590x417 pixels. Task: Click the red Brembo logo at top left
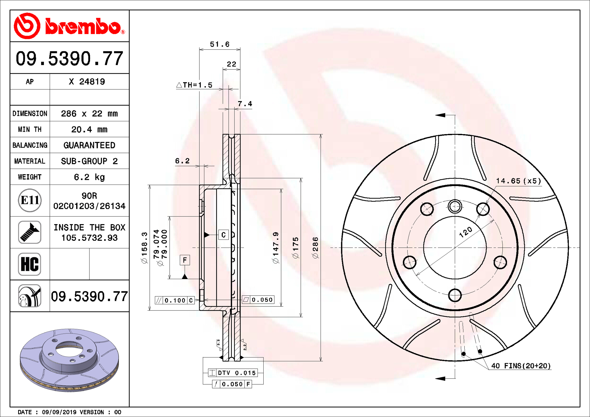pyautogui.click(x=69, y=26)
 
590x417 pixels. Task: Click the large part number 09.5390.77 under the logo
pyautogui.click(x=69, y=58)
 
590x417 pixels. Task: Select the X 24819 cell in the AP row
pyautogui.click(x=87, y=82)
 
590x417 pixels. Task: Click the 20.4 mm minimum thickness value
pyautogui.click(x=89, y=130)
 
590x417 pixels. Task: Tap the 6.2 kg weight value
pyautogui.click(x=89, y=177)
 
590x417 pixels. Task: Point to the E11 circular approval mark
pyautogui.click(x=30, y=201)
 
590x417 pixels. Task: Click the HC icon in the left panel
pyautogui.click(x=30, y=264)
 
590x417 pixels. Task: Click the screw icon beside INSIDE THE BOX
pyautogui.click(x=30, y=232)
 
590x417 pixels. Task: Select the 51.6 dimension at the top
pyautogui.click(x=219, y=45)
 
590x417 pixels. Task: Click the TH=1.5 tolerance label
pyautogui.click(x=195, y=85)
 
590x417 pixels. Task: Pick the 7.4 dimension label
pyautogui.click(x=245, y=104)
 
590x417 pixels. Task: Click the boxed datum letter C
pyautogui.click(x=223, y=235)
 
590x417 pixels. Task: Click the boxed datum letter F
pyautogui.click(x=185, y=260)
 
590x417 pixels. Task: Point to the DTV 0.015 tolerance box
pyautogui.click(x=233, y=373)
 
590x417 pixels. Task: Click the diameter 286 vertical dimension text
pyautogui.click(x=316, y=247)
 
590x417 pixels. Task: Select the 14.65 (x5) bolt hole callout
pyautogui.click(x=518, y=181)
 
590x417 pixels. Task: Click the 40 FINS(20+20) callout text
pyautogui.click(x=521, y=366)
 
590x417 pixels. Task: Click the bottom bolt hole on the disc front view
pyautogui.click(x=455, y=295)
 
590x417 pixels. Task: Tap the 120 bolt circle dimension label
pyautogui.click(x=466, y=232)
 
